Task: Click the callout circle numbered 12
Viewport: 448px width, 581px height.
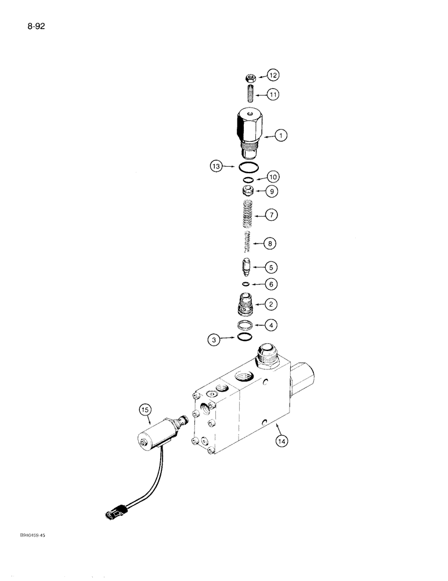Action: tap(273, 75)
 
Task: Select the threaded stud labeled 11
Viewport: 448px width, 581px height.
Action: tap(250, 93)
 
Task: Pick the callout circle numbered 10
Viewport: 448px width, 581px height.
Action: tap(272, 177)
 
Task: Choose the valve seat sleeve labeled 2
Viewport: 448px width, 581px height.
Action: tap(248, 304)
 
